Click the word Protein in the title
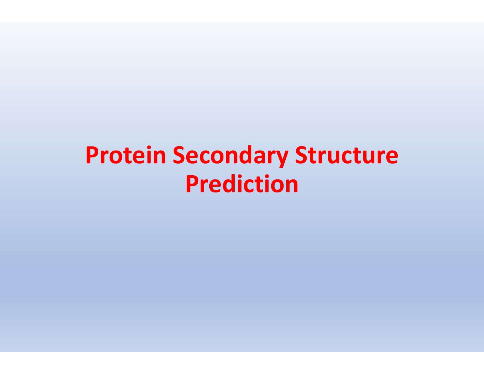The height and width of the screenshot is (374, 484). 126,155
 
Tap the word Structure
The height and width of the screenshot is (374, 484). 346,154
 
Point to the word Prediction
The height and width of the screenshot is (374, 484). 242,184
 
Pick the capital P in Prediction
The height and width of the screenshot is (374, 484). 192,184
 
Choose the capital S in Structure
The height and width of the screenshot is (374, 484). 301,155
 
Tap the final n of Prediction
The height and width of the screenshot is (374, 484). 291,186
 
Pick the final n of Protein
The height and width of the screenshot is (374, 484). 159,157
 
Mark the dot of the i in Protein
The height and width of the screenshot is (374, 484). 148,147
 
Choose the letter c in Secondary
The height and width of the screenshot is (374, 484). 201,157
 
